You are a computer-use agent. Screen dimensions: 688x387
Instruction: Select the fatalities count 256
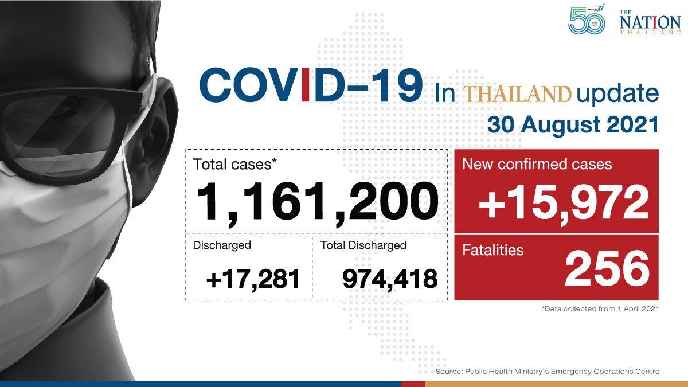(x=607, y=268)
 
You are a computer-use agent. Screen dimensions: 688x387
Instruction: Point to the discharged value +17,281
(x=253, y=279)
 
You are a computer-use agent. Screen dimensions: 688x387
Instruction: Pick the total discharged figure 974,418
(x=390, y=279)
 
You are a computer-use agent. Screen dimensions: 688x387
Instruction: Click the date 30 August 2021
(x=573, y=125)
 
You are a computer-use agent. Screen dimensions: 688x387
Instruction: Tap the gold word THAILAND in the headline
(x=517, y=93)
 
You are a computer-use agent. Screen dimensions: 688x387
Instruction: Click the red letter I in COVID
(x=305, y=85)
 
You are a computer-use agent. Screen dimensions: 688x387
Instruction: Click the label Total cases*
(x=234, y=164)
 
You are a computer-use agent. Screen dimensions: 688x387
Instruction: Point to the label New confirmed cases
(x=537, y=164)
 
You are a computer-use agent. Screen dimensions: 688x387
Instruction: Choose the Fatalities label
(x=492, y=250)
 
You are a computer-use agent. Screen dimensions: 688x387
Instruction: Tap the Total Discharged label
(x=363, y=245)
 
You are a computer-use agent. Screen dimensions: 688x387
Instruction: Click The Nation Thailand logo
(x=650, y=22)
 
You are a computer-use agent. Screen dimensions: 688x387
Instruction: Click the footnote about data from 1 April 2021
(x=600, y=308)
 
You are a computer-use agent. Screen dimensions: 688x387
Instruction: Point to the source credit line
(x=548, y=372)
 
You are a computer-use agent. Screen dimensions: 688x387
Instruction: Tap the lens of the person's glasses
(x=58, y=135)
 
